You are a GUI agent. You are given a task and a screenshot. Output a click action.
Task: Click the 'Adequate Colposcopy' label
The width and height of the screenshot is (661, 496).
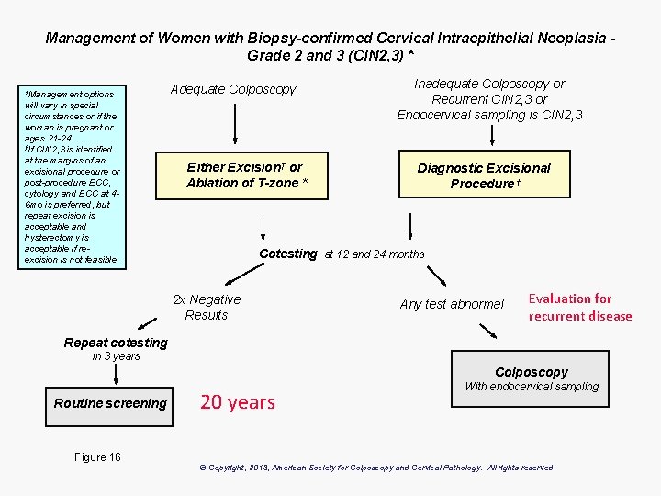(233, 89)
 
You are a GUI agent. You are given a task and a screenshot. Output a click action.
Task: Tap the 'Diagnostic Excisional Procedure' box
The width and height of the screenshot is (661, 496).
(483, 175)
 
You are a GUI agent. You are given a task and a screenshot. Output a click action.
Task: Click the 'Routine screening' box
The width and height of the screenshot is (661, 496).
(110, 403)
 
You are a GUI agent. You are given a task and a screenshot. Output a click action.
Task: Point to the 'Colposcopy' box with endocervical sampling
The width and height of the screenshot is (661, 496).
(531, 378)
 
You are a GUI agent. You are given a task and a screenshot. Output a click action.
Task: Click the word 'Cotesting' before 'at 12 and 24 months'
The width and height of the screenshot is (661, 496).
(287, 254)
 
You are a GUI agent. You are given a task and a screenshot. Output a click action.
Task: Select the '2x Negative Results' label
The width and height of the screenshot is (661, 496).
(207, 307)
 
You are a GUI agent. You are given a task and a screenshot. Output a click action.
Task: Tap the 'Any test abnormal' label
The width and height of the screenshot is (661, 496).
(452, 304)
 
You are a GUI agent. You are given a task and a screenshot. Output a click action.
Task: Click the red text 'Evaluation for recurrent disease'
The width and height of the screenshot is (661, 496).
(579, 307)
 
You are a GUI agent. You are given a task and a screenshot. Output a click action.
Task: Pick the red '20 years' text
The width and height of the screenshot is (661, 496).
(237, 402)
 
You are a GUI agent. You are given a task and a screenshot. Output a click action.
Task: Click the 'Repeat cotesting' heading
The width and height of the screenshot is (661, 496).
(116, 343)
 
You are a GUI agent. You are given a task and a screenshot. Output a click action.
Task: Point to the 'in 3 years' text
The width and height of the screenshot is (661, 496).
(116, 356)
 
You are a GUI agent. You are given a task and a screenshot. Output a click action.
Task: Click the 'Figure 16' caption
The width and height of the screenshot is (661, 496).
(97, 457)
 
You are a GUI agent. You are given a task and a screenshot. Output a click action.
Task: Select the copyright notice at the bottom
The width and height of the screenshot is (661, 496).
(377, 468)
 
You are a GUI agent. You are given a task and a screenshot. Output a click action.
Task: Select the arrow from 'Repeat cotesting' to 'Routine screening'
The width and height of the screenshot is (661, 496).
(116, 373)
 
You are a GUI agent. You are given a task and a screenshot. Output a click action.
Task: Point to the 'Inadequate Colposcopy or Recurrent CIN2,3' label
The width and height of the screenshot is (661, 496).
(489, 98)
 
